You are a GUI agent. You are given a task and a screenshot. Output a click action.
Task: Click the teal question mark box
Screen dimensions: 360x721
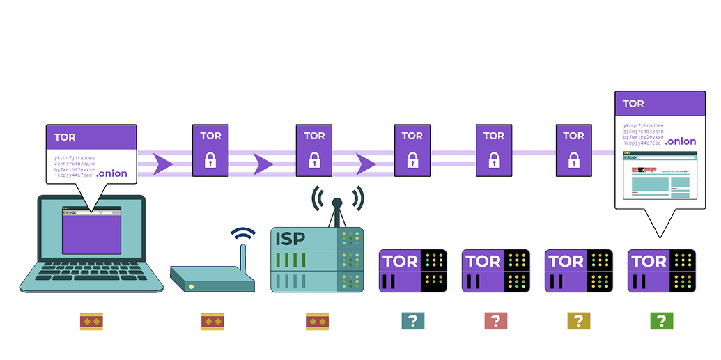tap(412, 321)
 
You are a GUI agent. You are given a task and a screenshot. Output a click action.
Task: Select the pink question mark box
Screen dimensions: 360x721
tap(495, 321)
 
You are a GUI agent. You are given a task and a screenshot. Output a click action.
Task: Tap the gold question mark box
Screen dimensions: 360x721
tap(578, 321)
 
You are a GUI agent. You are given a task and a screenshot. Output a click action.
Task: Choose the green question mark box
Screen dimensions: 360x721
tap(661, 321)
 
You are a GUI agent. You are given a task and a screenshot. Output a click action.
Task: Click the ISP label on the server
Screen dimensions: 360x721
tap(290, 240)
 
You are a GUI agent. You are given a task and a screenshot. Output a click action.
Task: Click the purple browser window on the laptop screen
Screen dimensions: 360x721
tap(91, 230)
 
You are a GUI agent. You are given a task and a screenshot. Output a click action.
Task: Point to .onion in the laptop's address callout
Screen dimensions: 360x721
tap(112, 173)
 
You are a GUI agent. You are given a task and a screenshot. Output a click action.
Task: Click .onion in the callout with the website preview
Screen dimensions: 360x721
tap(680, 141)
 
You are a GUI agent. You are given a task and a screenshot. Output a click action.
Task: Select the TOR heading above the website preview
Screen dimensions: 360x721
tap(633, 104)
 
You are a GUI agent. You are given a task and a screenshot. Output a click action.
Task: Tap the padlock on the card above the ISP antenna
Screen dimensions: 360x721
tap(313, 161)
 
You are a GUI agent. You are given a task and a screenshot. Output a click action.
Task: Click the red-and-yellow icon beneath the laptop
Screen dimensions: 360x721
tap(92, 321)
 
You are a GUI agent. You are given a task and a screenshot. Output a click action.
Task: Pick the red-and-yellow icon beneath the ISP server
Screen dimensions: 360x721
tap(317, 321)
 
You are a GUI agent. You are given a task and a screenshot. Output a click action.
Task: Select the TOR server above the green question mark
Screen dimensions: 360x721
tap(661, 270)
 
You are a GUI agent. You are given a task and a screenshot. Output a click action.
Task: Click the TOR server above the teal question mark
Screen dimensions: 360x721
tap(412, 270)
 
